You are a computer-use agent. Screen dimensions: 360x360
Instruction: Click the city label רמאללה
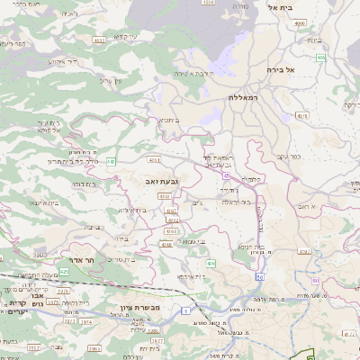244,97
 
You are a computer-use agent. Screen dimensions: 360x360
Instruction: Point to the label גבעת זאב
160,182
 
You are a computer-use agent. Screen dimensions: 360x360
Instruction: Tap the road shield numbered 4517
98,39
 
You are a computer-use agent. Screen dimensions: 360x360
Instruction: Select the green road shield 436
209,262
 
